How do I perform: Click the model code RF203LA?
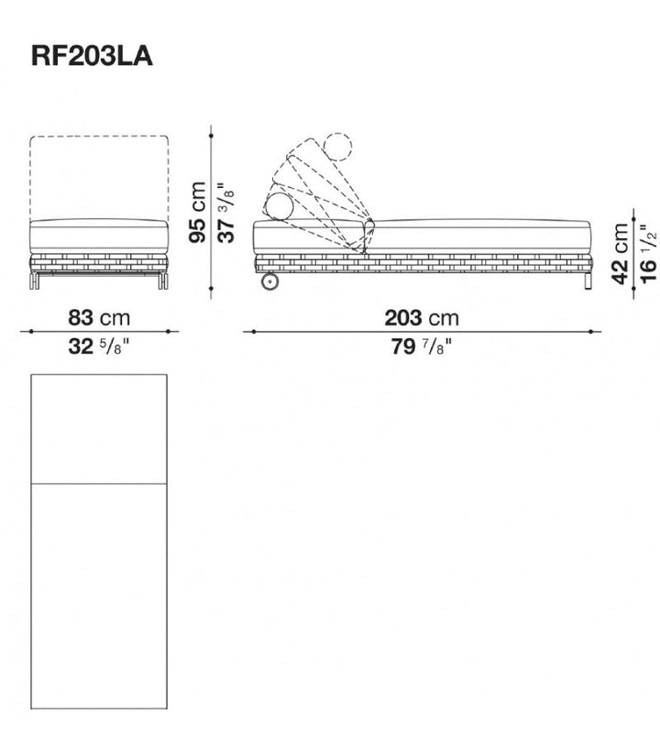(92, 56)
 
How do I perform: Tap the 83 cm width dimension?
(99, 317)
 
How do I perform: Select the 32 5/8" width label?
(99, 346)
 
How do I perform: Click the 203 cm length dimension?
(422, 318)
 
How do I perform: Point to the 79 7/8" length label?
(422, 346)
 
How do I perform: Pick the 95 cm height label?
(197, 213)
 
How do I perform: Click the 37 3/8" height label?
(226, 213)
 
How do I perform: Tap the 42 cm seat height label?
(621, 254)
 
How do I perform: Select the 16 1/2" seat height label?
(649, 254)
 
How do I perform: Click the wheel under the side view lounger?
(269, 281)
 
